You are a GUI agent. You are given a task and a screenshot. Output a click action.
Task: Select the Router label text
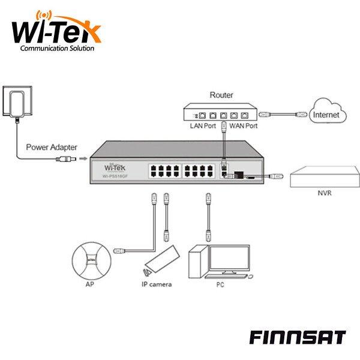[221, 95]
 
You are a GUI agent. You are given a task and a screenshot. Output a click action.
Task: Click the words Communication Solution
[57, 49]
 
